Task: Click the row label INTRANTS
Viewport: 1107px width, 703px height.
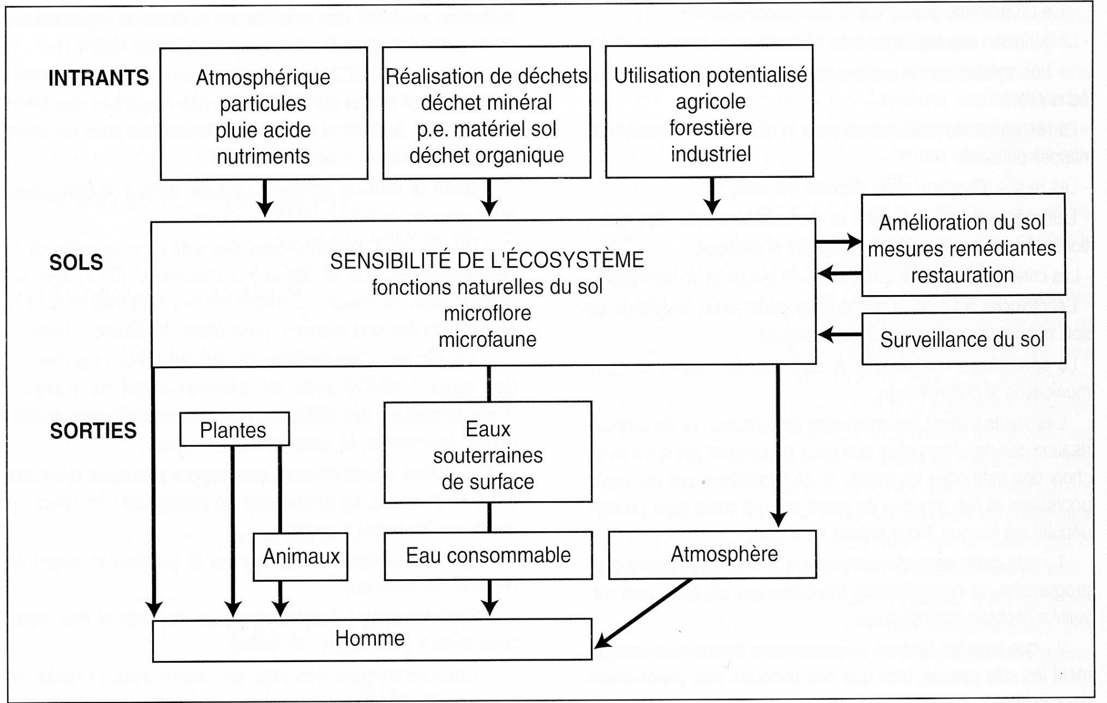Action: pyautogui.click(x=99, y=78)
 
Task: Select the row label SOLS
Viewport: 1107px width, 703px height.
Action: pyautogui.click(x=76, y=263)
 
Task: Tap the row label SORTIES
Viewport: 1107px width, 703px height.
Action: pyautogui.click(x=93, y=431)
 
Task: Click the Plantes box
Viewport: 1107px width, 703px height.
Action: pyautogui.click(x=234, y=430)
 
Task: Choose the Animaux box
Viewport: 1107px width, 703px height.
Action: pyautogui.click(x=301, y=557)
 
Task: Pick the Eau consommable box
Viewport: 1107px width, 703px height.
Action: pyautogui.click(x=488, y=555)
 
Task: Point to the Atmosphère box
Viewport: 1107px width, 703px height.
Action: pyautogui.click(x=724, y=554)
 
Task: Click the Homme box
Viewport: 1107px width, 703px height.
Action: pyautogui.click(x=370, y=638)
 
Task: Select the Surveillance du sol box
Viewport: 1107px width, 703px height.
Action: pyautogui.click(x=962, y=340)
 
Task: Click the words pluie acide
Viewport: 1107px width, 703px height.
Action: pyautogui.click(x=263, y=130)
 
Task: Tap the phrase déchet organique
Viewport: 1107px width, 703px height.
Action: pyautogui.click(x=487, y=155)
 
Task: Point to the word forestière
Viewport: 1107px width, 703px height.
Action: pyautogui.click(x=710, y=127)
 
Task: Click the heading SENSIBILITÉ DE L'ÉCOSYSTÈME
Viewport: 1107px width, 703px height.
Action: pyautogui.click(x=487, y=260)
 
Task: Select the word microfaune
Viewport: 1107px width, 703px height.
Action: pyautogui.click(x=487, y=340)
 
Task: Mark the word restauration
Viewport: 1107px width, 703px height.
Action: pyautogui.click(x=962, y=275)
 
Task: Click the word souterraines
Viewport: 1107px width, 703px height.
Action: pyautogui.click(x=488, y=456)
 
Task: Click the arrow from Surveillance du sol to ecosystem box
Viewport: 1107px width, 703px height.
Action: pyautogui.click(x=839, y=335)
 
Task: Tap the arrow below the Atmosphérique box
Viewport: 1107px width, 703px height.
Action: pyautogui.click(x=265, y=199)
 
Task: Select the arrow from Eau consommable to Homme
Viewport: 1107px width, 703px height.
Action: pyautogui.click(x=490, y=598)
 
